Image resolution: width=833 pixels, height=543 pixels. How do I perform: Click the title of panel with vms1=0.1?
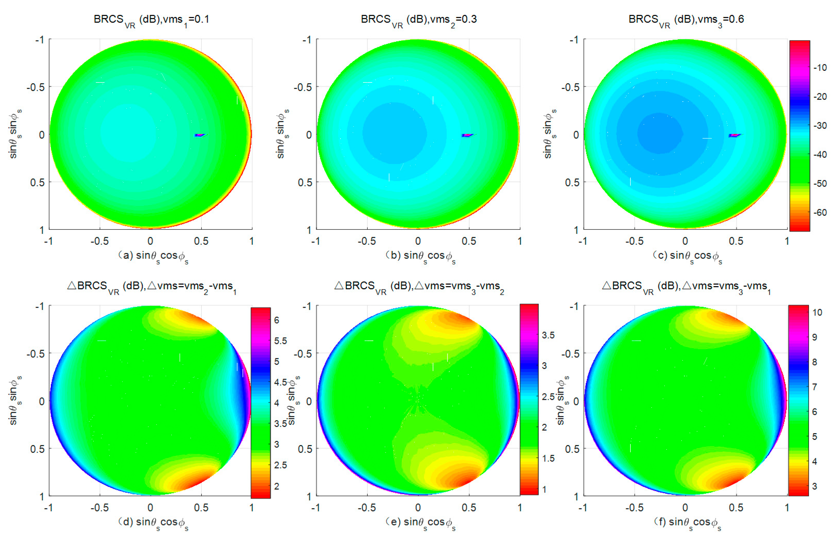click(151, 20)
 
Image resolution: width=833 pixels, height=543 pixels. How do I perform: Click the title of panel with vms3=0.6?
click(686, 20)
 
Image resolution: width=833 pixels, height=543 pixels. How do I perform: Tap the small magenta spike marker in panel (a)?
click(199, 135)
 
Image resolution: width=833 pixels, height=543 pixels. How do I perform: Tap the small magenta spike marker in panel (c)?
click(734, 135)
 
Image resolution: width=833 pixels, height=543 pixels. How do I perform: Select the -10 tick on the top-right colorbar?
click(820, 67)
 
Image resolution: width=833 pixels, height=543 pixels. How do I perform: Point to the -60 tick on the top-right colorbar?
click(820, 212)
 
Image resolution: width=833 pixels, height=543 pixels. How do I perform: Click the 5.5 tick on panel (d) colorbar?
click(280, 341)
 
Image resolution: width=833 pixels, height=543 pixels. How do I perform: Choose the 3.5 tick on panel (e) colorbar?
click(548, 335)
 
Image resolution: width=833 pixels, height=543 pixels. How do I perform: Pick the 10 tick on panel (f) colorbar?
click(817, 312)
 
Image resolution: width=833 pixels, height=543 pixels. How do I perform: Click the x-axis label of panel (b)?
click(420, 256)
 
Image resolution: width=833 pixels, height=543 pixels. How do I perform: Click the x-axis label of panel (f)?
click(687, 522)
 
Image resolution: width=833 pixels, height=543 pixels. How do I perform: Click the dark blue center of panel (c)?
click(660, 133)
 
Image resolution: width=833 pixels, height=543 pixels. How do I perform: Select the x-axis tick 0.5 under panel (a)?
click(201, 241)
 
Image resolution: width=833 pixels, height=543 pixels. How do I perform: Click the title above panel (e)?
click(419, 286)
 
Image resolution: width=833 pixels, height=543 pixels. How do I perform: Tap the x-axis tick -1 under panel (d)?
click(48, 508)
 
